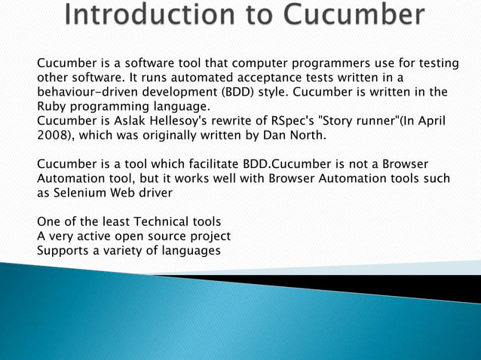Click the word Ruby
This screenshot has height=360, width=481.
click(51, 108)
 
